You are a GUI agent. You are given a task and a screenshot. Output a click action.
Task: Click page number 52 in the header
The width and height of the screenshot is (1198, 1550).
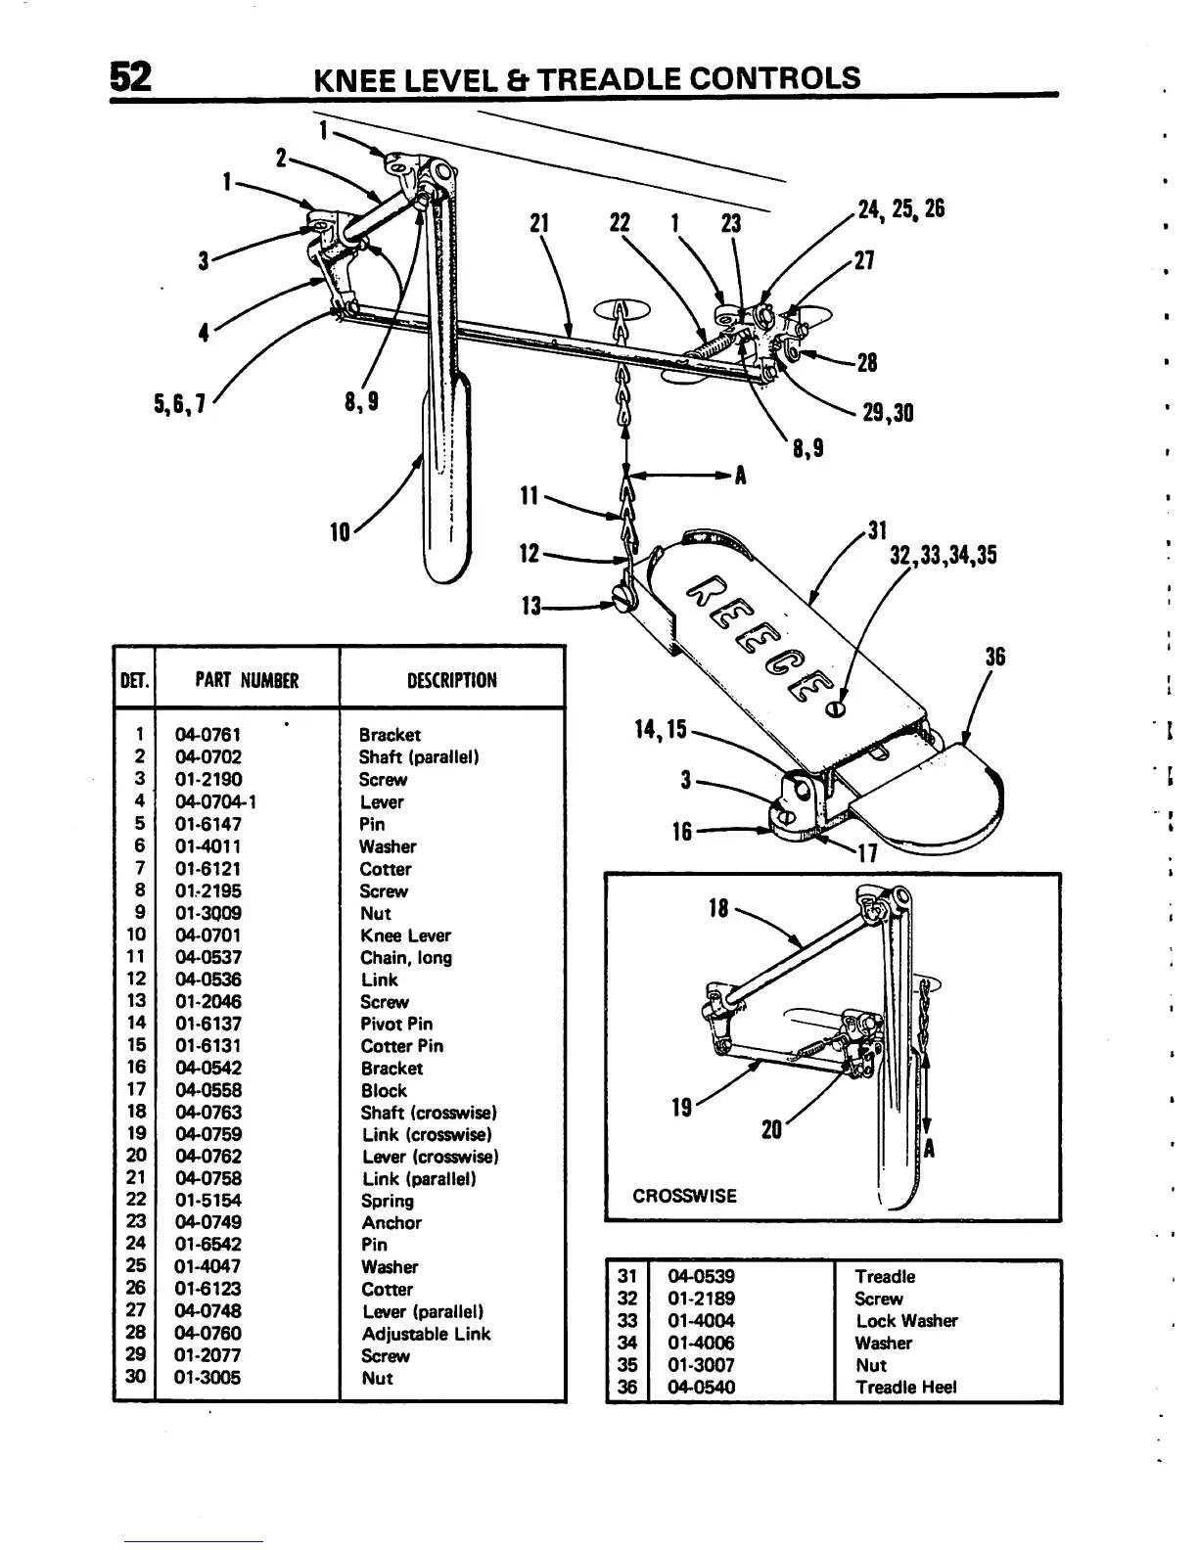(130, 76)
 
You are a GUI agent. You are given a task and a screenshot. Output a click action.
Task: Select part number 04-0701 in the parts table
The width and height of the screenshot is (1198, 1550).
(207, 935)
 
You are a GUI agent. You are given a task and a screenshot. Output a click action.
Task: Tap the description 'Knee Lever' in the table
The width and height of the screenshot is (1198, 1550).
(405, 935)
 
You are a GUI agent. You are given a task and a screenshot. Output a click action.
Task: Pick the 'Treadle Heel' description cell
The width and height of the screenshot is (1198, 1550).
(905, 1387)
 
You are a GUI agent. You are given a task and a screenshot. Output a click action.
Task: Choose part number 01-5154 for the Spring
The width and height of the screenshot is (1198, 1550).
(207, 1201)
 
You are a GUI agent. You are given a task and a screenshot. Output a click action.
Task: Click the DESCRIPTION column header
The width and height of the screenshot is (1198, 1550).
(451, 680)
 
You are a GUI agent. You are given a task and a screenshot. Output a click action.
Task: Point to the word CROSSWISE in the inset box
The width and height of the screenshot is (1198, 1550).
(684, 1196)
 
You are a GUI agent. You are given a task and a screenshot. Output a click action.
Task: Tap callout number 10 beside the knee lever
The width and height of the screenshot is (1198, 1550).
(340, 532)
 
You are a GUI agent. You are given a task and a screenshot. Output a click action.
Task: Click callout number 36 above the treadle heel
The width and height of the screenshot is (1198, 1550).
(994, 656)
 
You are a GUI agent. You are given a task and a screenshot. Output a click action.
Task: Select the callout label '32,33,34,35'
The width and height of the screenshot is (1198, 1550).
(943, 556)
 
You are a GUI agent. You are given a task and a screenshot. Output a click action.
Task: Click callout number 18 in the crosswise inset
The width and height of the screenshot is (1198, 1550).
(718, 908)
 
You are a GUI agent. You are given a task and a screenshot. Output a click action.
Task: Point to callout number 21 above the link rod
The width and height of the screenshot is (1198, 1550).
(537, 224)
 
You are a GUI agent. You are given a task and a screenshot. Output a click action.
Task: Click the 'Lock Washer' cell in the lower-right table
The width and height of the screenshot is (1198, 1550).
(906, 1321)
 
